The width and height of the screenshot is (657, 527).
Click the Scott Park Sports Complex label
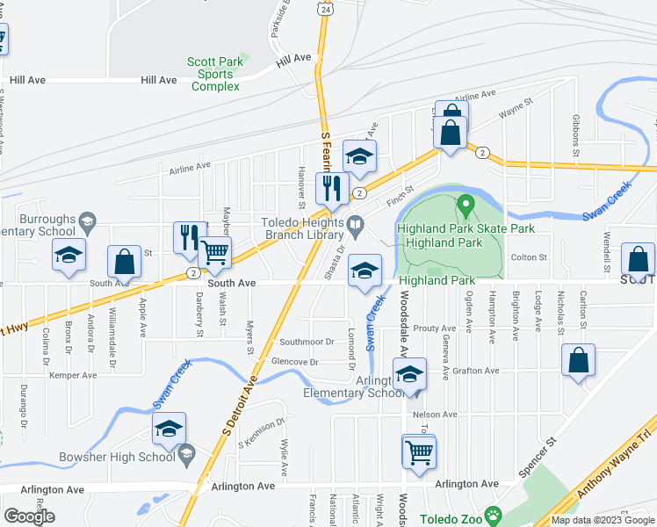(215, 74)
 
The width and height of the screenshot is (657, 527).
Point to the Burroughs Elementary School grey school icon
(86, 220)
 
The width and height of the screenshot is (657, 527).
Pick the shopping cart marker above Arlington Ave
(420, 452)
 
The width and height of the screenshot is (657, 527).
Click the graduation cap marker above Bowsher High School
(169, 428)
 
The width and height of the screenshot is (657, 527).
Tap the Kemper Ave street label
(73, 375)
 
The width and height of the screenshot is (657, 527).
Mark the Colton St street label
(530, 257)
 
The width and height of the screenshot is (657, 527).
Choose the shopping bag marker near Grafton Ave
(578, 360)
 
